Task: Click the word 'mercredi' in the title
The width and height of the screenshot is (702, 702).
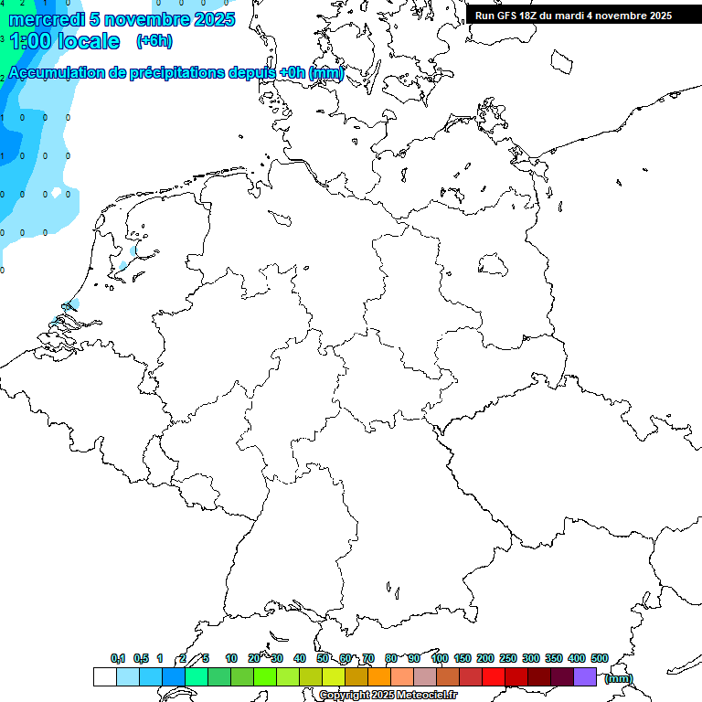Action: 42,19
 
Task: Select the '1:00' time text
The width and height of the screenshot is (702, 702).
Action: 31,41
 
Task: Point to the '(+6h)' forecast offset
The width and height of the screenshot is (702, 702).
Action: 154,41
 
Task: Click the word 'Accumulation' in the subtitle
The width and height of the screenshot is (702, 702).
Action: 56,73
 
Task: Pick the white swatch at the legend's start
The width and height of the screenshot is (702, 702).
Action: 104,677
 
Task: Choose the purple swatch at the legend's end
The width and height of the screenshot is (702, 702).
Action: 585,677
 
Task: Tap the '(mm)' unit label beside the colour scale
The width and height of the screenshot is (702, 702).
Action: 618,678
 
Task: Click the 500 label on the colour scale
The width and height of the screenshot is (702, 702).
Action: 600,658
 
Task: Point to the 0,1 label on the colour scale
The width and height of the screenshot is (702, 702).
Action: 118,658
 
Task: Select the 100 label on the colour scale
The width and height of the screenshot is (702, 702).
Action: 440,658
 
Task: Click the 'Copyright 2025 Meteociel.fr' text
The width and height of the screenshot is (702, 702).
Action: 388,696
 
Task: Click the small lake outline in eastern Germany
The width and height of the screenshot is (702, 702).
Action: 493,264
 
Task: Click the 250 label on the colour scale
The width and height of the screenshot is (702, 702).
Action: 508,658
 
